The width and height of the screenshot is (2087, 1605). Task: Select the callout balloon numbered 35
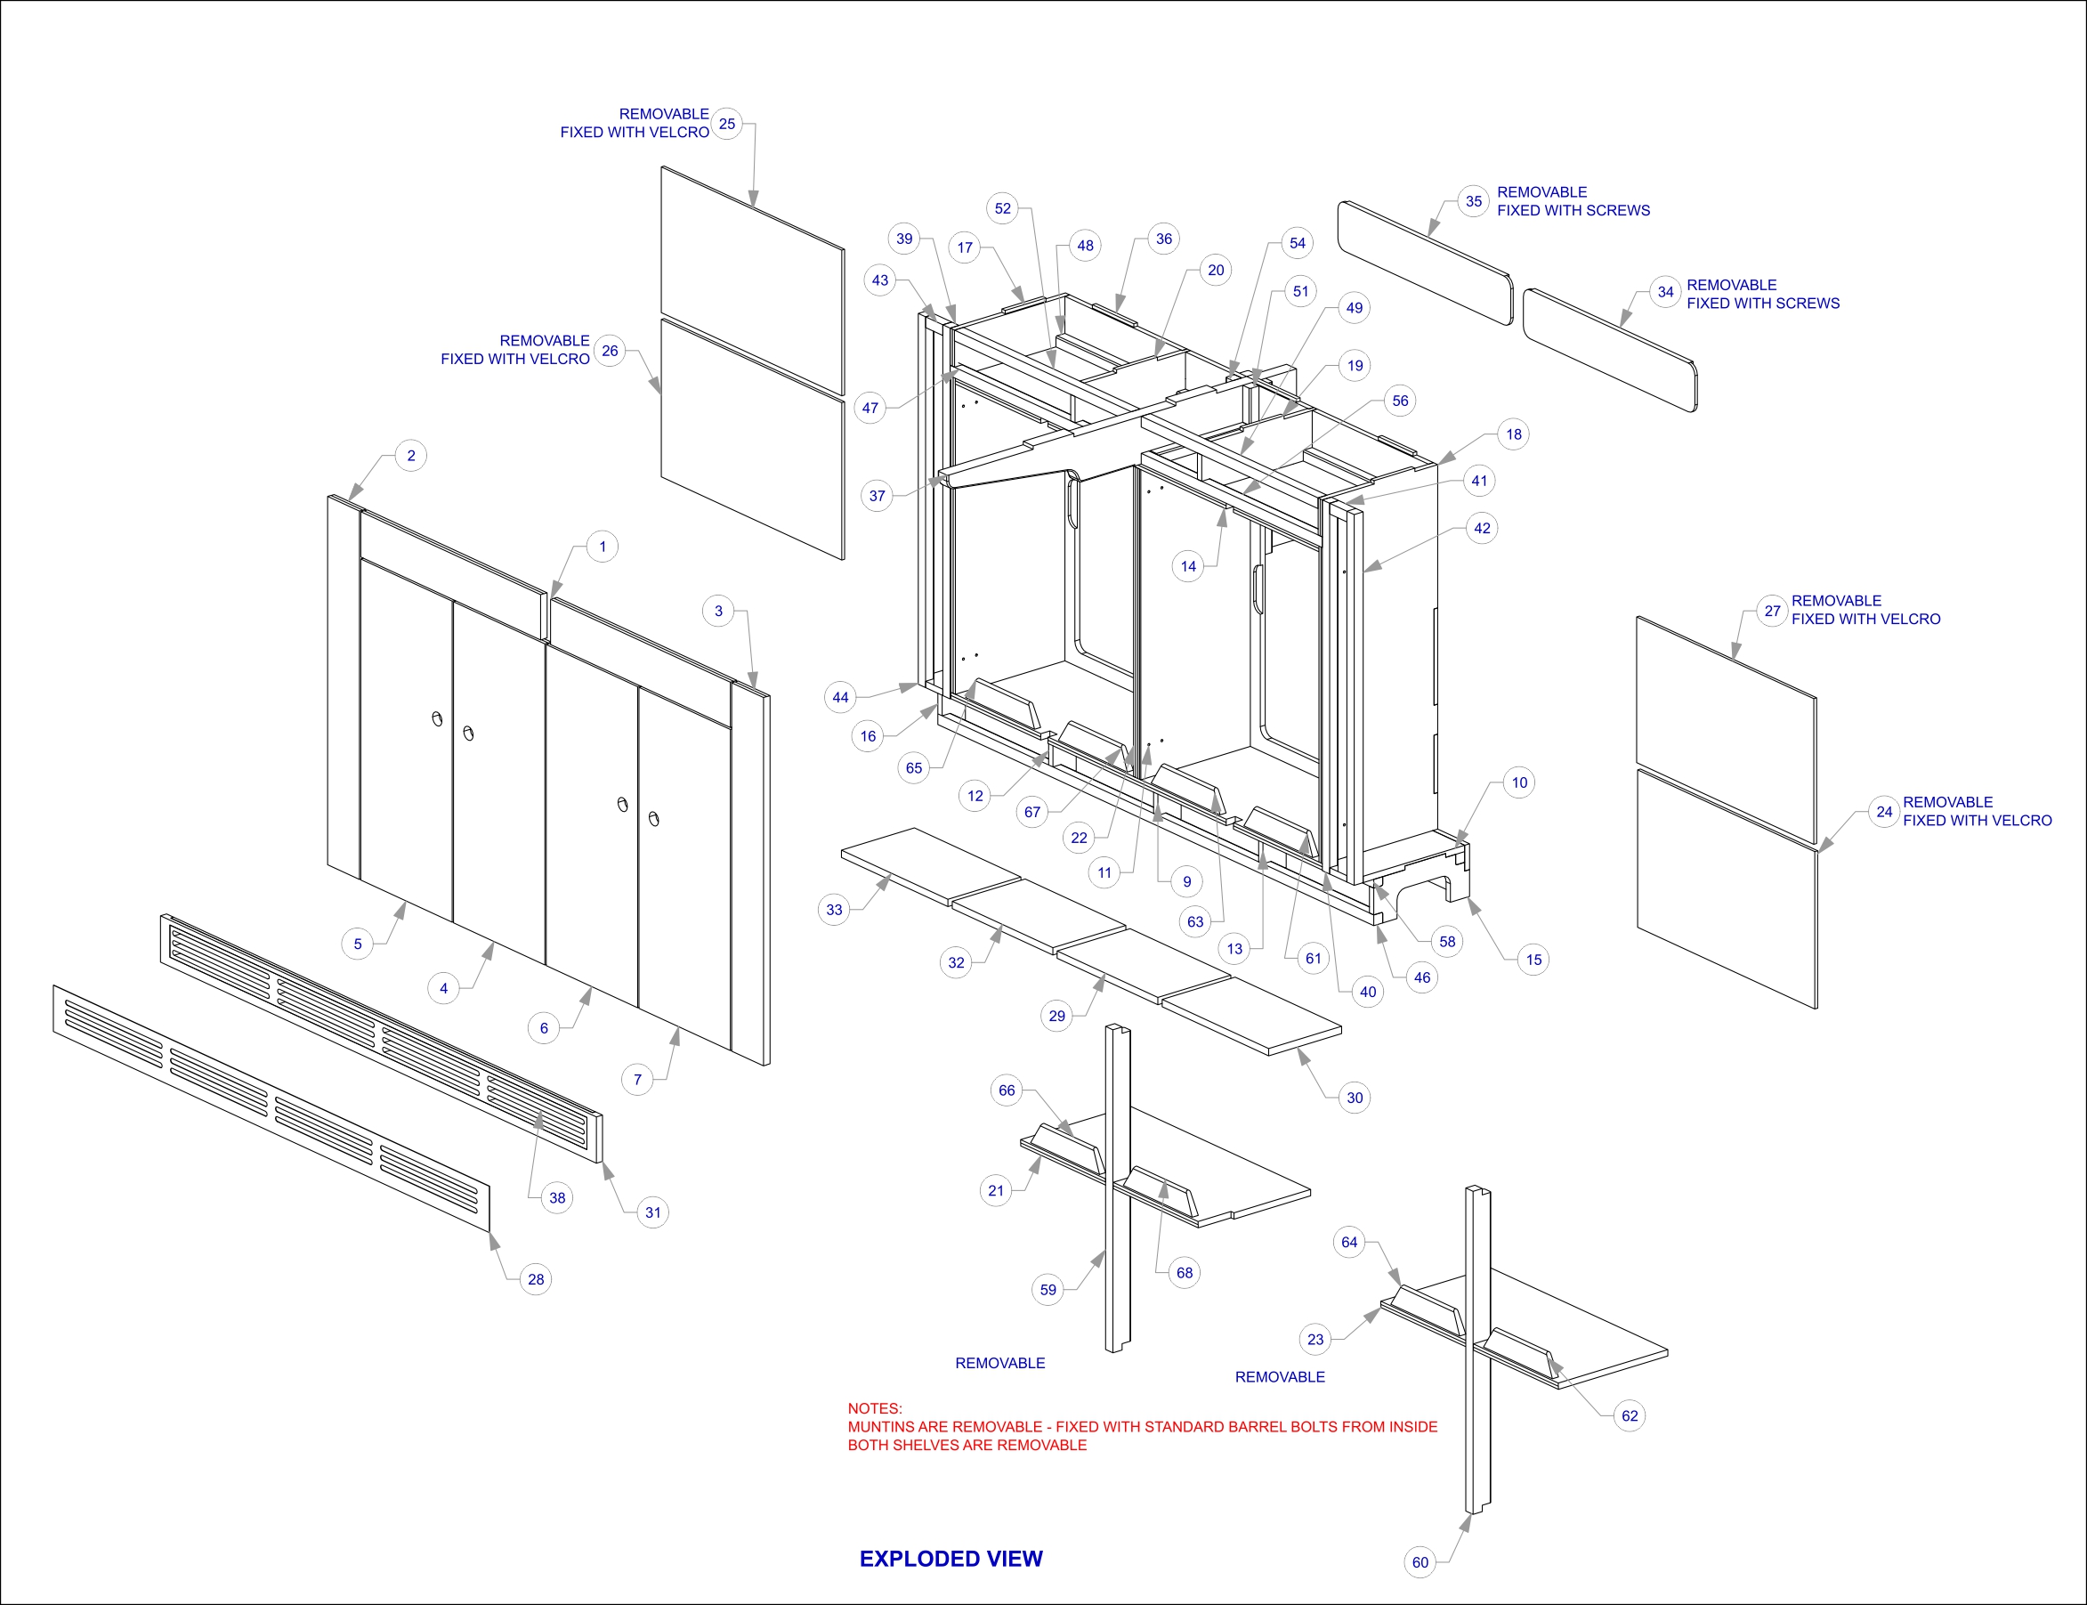(1474, 201)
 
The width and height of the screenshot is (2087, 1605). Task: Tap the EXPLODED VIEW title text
(950, 1558)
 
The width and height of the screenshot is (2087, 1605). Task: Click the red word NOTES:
(874, 1408)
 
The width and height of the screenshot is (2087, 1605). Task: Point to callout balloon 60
(1420, 1562)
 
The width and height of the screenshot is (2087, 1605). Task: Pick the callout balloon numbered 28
(536, 1279)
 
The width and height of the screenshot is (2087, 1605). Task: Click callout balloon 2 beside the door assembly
(410, 456)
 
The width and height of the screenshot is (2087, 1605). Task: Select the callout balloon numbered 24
(1883, 812)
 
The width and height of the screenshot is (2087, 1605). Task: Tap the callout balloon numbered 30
(1355, 1098)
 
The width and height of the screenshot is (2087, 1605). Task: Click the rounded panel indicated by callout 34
(1609, 351)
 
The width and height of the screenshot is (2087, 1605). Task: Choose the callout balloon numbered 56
(1400, 401)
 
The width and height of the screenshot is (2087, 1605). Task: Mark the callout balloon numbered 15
(1533, 960)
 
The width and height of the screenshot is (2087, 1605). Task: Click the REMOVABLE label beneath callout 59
(999, 1363)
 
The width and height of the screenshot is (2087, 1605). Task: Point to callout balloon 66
(1007, 1090)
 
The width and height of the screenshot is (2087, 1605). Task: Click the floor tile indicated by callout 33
(931, 864)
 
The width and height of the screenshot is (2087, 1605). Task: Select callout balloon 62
(1630, 1416)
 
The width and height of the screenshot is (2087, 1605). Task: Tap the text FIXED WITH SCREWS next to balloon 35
(1573, 210)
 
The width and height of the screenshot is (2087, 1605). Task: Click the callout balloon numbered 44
(840, 697)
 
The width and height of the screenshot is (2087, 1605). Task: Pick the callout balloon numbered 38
(557, 1198)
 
